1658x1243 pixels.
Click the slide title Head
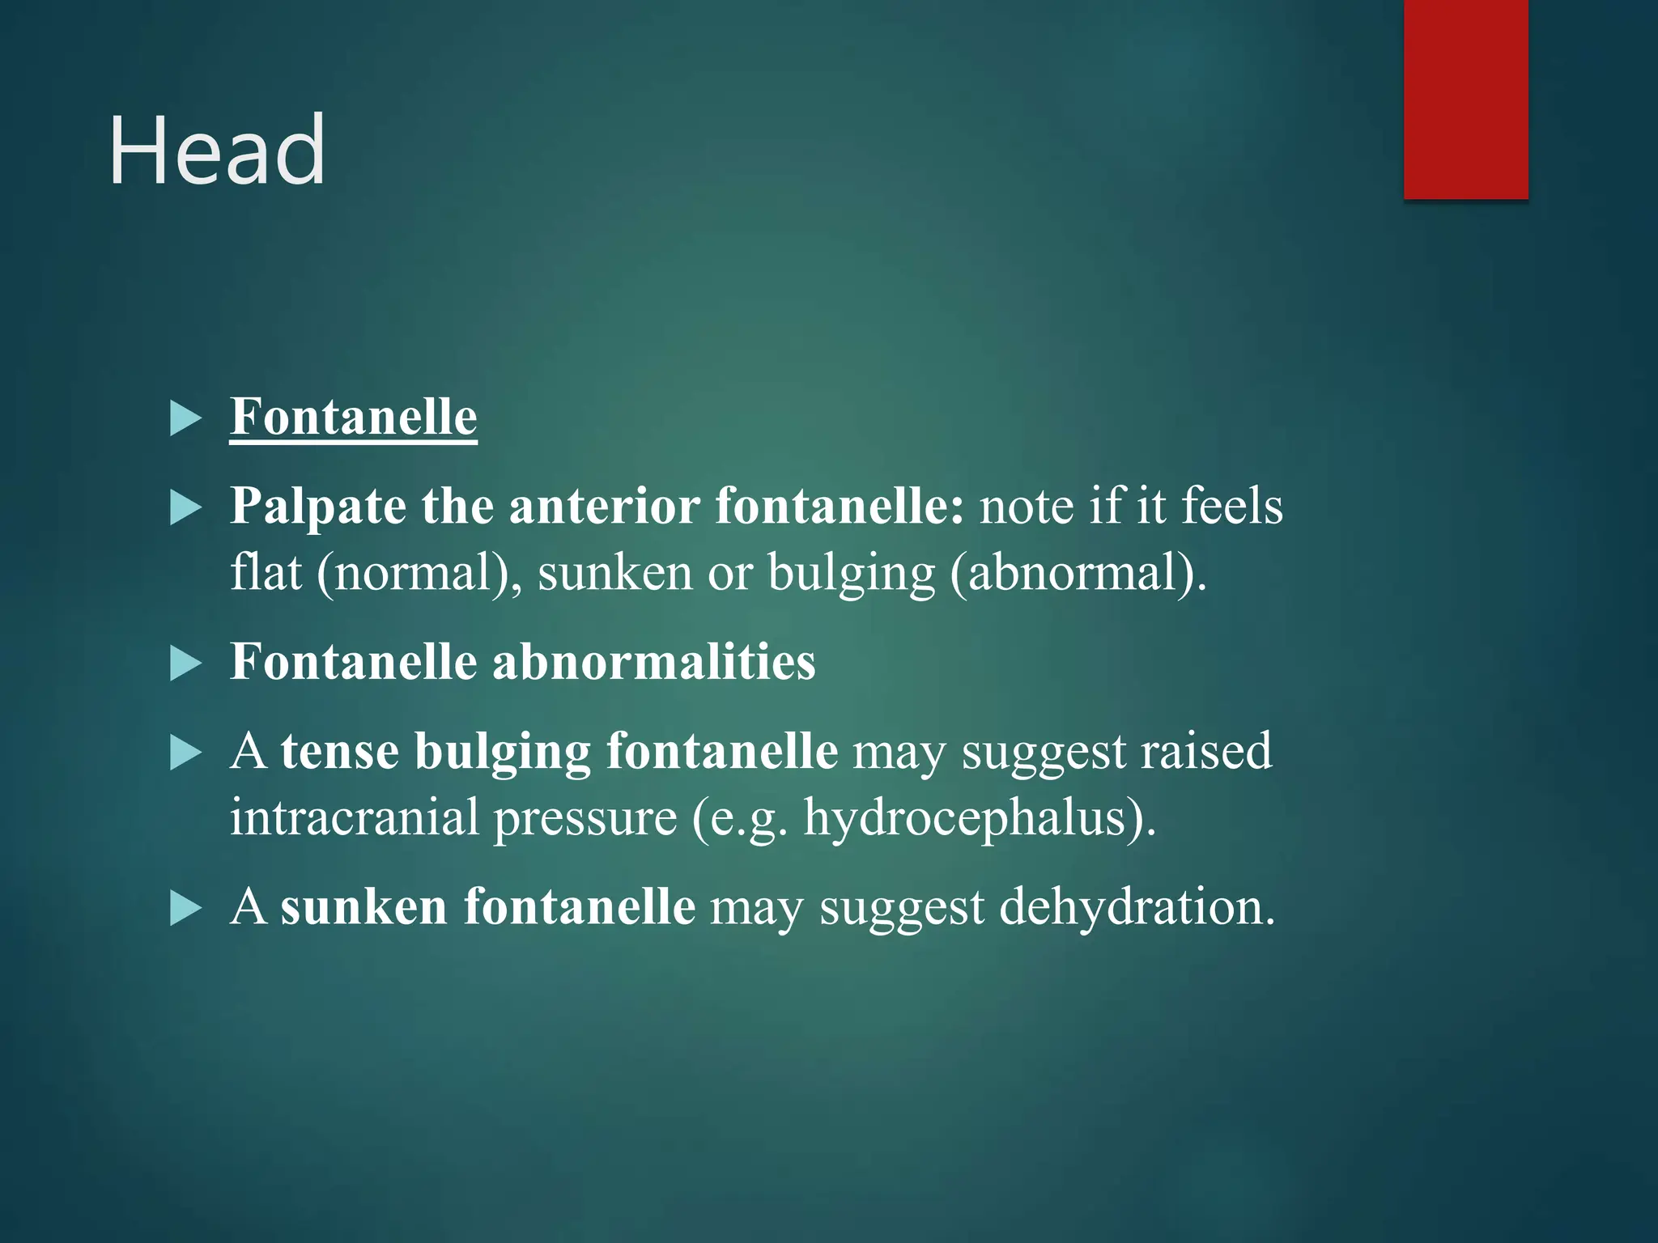(x=217, y=151)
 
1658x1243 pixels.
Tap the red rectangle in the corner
(x=1465, y=99)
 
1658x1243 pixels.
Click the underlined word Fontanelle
(x=353, y=417)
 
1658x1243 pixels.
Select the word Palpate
(x=317, y=507)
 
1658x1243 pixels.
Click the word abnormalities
(x=653, y=661)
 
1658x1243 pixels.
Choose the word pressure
(x=585, y=818)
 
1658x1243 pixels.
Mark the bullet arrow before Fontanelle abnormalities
(x=186, y=664)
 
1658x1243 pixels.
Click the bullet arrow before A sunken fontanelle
(x=186, y=908)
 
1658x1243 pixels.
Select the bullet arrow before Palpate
(x=186, y=509)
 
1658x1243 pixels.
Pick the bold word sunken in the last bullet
(x=363, y=906)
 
